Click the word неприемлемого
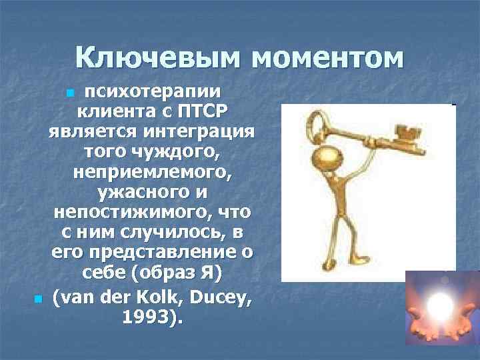click(152, 172)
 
